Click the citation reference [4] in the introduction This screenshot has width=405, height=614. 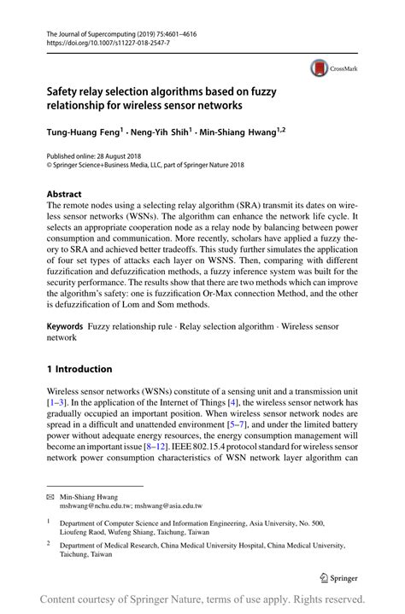click(250, 401)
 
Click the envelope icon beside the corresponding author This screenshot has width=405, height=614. click(50, 496)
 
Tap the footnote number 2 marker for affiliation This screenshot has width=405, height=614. click(50, 541)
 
